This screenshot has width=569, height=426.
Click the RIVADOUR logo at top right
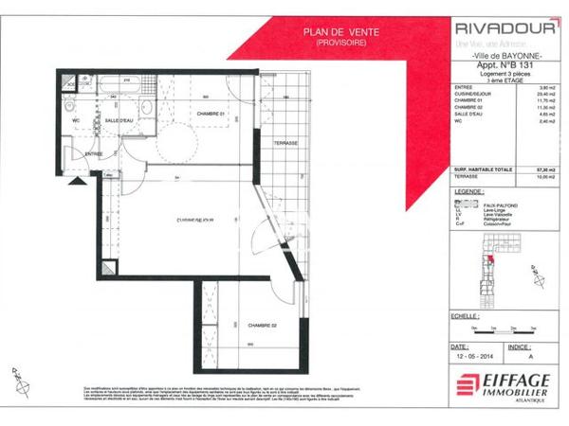point(501,27)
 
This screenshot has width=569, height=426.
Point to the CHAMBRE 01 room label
point(209,115)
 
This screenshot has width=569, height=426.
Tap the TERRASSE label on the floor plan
point(286,142)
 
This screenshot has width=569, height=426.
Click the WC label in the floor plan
point(76,121)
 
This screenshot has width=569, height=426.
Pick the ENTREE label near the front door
point(94,153)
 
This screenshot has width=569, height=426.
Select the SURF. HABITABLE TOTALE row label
point(484,169)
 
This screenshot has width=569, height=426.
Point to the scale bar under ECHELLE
point(504,327)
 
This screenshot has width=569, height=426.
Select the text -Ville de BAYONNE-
point(500,59)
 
